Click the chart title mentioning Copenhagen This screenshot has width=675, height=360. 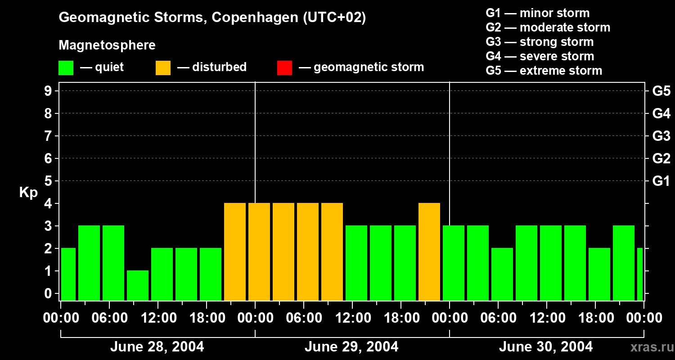point(212,18)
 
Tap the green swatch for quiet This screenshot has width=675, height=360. point(66,68)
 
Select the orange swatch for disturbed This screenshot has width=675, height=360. point(163,68)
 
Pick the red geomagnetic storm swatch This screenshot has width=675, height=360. point(284,68)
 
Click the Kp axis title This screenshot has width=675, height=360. point(28,193)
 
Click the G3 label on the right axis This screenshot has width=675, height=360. point(661,136)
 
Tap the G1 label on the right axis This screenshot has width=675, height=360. point(661,181)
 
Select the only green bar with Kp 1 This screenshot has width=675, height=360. point(138,285)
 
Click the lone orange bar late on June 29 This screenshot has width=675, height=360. point(429,252)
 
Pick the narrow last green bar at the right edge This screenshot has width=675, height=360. point(640,274)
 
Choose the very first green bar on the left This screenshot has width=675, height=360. point(68,274)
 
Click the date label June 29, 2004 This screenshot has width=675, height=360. point(351,347)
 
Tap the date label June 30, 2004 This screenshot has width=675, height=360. point(546,347)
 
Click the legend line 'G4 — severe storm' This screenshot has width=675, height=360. point(540,56)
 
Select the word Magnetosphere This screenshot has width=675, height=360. point(107,45)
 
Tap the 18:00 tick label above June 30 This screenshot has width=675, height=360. point(595,318)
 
